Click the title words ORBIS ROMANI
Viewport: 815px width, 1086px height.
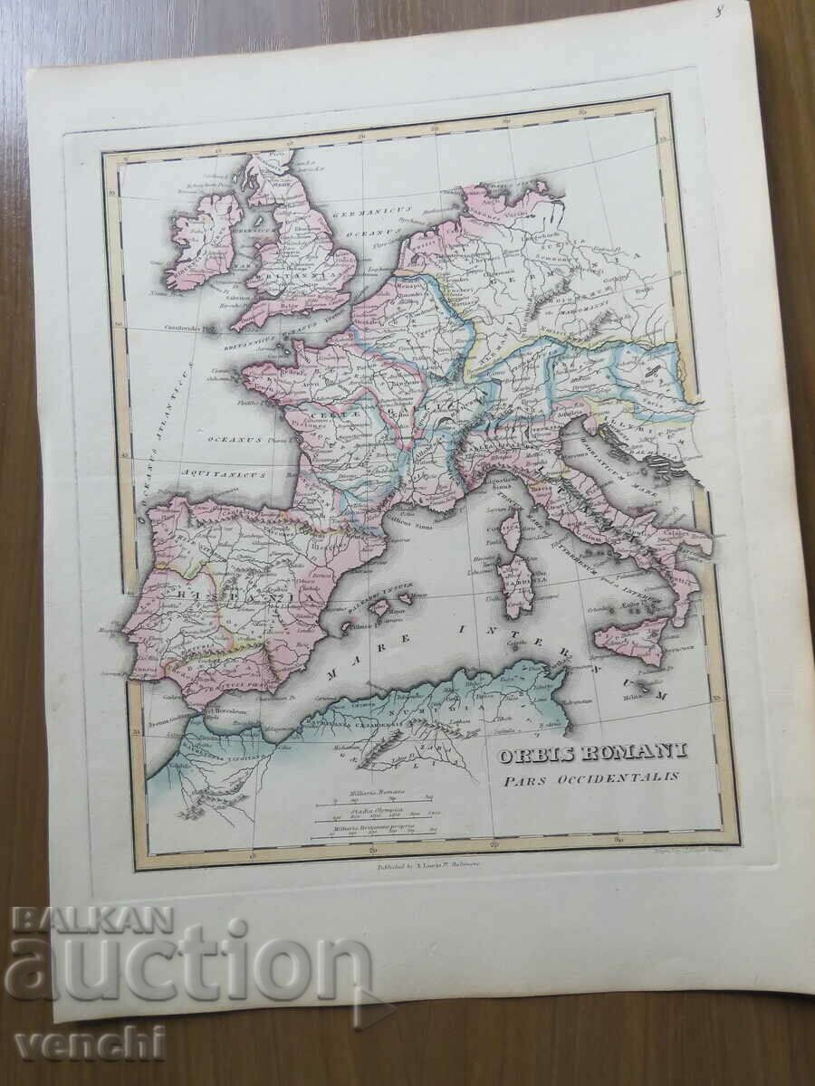591,752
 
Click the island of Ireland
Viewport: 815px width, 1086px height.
201,239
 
